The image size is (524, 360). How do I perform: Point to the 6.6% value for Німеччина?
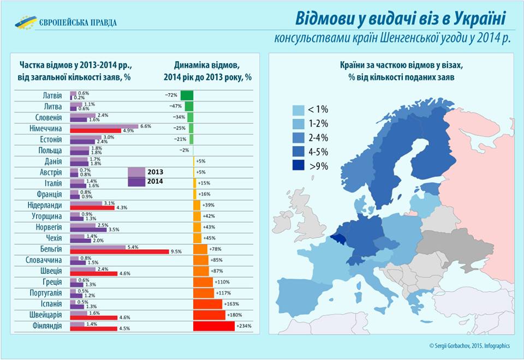click(x=145, y=126)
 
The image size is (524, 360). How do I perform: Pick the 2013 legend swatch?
click(x=136, y=172)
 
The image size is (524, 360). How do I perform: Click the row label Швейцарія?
click(x=44, y=315)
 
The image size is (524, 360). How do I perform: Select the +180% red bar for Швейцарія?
click(x=209, y=315)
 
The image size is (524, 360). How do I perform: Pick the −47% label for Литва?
click(x=175, y=106)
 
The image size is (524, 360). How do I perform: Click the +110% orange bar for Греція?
click(x=203, y=282)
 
